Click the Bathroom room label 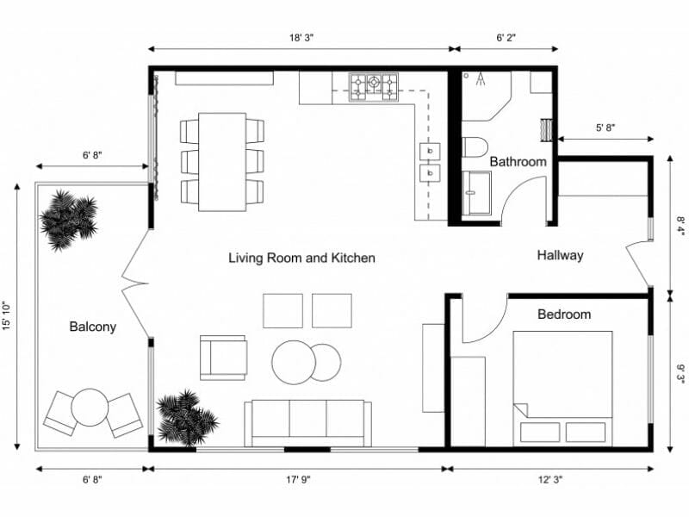518,161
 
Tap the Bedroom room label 564,314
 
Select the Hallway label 560,255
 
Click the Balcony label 92,327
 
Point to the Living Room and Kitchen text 301,258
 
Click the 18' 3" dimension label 301,38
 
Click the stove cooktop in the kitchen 374,84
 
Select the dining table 221,161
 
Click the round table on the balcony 89,408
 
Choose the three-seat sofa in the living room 307,422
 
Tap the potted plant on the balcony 69,221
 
